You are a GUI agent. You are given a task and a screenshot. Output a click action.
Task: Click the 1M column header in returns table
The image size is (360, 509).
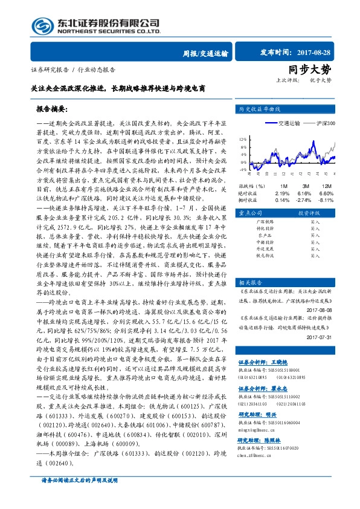[284, 185]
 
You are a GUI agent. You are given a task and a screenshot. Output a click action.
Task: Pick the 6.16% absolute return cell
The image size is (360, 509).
[305, 192]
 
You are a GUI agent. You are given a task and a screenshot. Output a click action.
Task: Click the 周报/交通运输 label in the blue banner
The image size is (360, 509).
[206, 54]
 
